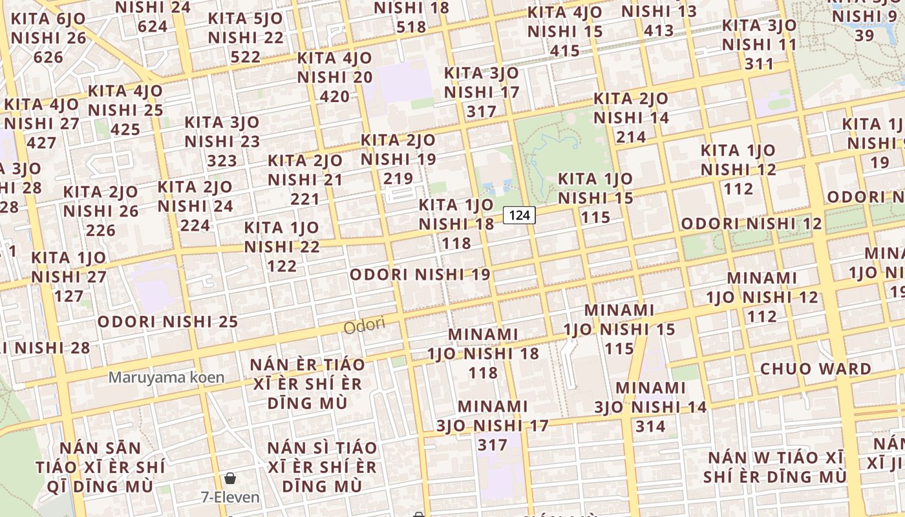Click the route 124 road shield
520,215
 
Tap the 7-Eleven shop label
230,497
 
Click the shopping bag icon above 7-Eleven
230,478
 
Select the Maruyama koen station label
167,377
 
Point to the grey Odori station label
364,326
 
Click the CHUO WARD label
816,369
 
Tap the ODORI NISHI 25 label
168,321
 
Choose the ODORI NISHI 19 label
420,274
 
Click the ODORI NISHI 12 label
752,224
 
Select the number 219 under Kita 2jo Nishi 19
398,178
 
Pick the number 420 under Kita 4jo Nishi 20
335,96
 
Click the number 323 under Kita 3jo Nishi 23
222,160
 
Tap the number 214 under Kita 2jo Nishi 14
631,137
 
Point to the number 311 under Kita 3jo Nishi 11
759,63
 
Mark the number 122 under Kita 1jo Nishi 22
282,266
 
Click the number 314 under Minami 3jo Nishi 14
650,426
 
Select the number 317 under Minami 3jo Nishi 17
493,445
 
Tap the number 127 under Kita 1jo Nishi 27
69,296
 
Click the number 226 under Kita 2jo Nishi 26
101,230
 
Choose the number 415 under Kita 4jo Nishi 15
565,50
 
